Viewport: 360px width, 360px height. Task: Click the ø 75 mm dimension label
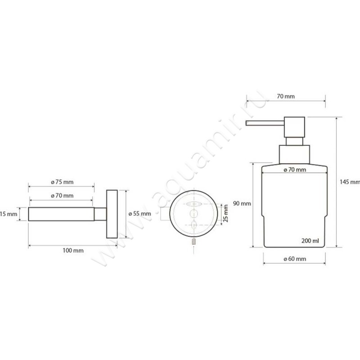(x=62, y=182)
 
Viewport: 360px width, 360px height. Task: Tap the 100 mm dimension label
(x=73, y=251)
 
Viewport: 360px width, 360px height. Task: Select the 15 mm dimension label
(x=9, y=214)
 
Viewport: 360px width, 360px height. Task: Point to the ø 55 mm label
(x=139, y=214)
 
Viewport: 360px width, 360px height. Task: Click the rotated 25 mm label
(x=226, y=213)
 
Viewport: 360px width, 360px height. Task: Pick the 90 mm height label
(x=242, y=204)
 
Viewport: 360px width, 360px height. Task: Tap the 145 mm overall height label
(x=350, y=182)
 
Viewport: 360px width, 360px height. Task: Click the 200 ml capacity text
(x=310, y=241)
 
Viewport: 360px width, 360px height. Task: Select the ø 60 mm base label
(x=295, y=259)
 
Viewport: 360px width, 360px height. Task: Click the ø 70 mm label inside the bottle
(x=295, y=170)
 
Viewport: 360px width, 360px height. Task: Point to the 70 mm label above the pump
(x=286, y=96)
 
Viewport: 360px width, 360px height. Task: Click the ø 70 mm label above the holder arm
(x=62, y=196)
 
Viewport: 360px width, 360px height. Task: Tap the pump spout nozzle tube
(x=265, y=123)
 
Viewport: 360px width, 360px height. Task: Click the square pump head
(x=295, y=127)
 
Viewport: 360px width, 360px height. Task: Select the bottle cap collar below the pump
(x=295, y=154)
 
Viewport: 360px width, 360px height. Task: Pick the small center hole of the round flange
(x=194, y=213)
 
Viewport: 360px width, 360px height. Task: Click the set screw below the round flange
(x=194, y=241)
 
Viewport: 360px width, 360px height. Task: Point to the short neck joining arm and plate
(x=100, y=214)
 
